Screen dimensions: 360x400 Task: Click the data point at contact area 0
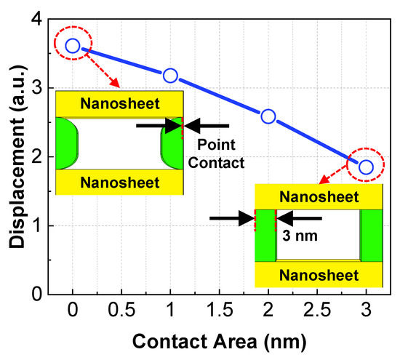tap(72, 46)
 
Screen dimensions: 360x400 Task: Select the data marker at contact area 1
tap(170, 75)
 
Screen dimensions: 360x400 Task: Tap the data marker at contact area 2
tap(268, 116)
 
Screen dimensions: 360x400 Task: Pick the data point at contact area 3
tap(366, 167)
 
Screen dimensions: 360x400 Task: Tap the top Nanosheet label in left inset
tap(119, 103)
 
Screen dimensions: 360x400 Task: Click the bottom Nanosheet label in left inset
tap(119, 182)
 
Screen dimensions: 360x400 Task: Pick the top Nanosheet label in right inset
tap(319, 197)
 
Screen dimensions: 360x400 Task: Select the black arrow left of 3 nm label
tap(231, 217)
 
